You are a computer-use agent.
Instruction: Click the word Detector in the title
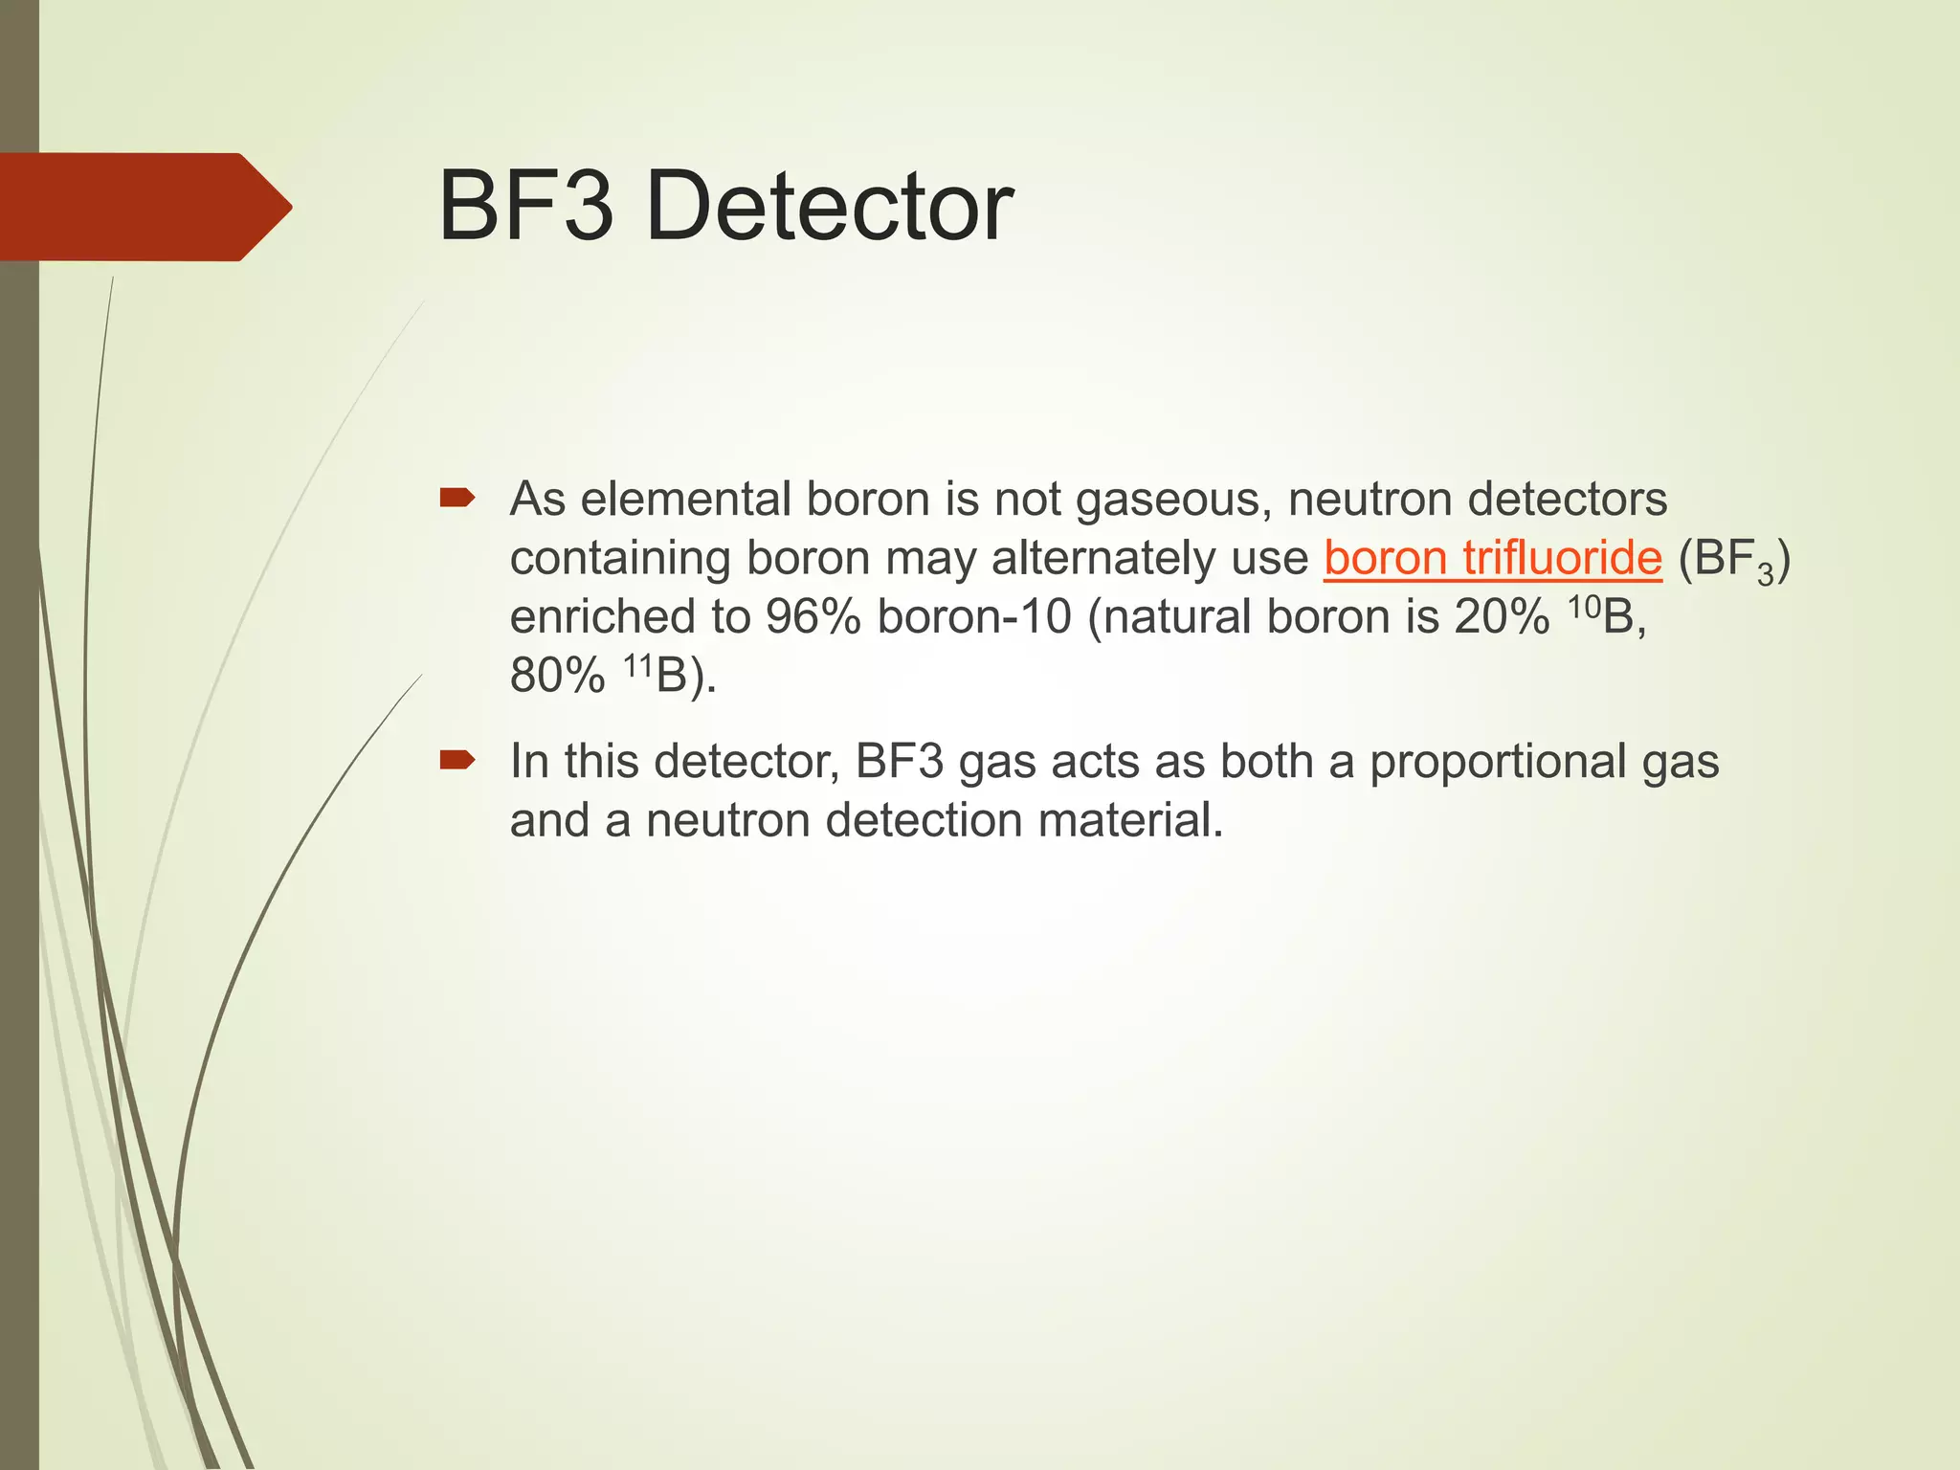click(x=829, y=207)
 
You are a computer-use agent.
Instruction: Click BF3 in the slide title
click(x=524, y=207)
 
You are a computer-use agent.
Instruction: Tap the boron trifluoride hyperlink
click(x=1493, y=558)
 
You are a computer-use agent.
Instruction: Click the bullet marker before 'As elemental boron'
click(x=457, y=498)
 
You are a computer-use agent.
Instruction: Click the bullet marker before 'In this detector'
click(x=457, y=761)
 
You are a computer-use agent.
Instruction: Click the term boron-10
click(x=974, y=617)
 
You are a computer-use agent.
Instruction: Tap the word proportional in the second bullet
click(x=1497, y=763)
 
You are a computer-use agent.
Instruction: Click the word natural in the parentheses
click(x=1179, y=617)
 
